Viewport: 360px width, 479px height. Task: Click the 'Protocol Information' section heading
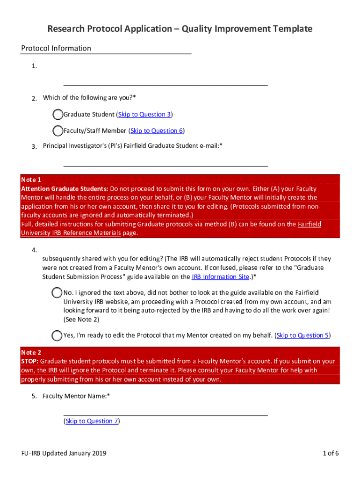tap(56, 48)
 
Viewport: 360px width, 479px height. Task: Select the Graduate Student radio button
tap(58, 115)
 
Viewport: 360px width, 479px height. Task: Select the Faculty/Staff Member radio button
tap(58, 131)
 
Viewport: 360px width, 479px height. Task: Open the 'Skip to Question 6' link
tap(156, 131)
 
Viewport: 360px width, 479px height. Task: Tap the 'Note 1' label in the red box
tap(31, 180)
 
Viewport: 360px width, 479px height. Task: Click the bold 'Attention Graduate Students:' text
tap(65, 189)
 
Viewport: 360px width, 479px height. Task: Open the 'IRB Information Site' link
tap(220, 277)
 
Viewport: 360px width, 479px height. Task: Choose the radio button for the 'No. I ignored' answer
tap(57, 292)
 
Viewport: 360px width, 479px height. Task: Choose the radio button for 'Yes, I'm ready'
tap(57, 335)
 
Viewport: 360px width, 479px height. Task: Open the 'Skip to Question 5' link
tap(302, 335)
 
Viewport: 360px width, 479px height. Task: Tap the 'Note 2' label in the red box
tap(31, 352)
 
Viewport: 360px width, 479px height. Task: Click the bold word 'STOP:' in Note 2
tap(30, 361)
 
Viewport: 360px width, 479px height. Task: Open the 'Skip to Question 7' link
tap(92, 421)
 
